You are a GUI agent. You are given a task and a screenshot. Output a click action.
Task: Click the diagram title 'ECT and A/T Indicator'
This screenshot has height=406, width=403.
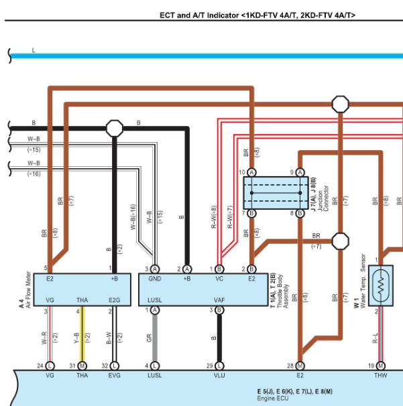(x=200, y=15)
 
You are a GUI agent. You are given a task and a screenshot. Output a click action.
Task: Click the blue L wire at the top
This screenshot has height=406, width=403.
(x=207, y=56)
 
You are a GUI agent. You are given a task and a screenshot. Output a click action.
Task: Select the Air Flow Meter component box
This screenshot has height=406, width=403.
(x=82, y=289)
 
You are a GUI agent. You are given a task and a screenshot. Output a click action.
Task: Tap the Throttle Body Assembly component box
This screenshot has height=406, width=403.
(x=203, y=289)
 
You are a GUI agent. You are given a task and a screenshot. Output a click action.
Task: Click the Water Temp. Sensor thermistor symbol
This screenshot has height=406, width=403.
(x=381, y=285)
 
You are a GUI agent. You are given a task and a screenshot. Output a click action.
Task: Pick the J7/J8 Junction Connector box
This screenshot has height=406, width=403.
(x=276, y=193)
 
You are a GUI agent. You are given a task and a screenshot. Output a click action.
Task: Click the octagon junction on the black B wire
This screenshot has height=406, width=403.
(x=115, y=128)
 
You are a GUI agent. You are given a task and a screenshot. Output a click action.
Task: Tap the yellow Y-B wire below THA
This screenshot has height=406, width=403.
(x=82, y=334)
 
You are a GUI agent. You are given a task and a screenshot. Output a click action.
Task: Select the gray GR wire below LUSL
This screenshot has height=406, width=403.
(x=155, y=338)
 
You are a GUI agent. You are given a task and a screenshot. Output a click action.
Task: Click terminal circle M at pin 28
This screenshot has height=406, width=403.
(x=300, y=366)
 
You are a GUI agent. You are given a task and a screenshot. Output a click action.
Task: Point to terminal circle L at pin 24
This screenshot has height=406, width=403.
(x=50, y=366)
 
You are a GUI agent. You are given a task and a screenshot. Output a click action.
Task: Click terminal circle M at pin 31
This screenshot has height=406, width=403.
(x=82, y=366)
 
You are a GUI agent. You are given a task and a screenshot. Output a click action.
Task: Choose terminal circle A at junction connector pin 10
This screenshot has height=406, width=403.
(x=251, y=172)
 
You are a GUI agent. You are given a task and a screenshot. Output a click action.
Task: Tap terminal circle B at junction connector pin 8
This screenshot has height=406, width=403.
(x=300, y=213)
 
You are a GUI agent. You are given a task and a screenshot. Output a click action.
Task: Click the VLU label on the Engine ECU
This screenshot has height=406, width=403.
(x=219, y=375)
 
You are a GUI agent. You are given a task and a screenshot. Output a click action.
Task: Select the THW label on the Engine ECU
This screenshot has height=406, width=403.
(x=380, y=375)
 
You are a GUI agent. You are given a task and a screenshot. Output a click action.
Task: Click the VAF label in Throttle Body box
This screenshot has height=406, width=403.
(x=219, y=300)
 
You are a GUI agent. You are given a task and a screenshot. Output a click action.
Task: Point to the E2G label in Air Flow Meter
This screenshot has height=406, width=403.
(x=114, y=300)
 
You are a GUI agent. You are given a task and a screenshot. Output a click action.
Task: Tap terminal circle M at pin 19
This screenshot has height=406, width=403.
(x=380, y=366)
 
